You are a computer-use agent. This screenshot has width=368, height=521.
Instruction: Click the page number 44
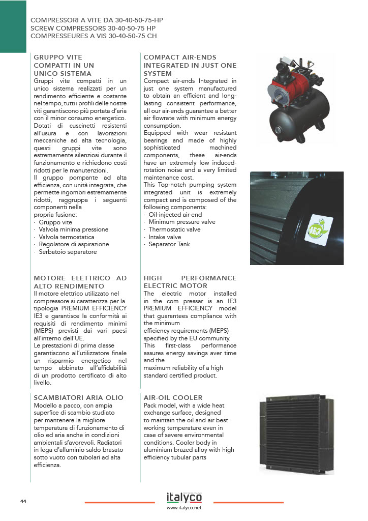[x=23, y=502]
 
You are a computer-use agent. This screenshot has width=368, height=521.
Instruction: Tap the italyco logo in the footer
[x=184, y=497]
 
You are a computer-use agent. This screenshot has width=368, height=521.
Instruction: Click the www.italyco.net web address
[x=184, y=508]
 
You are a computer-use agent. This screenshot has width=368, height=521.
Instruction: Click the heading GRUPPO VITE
[x=57, y=57]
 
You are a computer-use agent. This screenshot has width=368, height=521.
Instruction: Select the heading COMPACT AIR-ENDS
[x=180, y=57]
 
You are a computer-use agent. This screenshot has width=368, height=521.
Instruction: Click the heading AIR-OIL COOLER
[x=173, y=397]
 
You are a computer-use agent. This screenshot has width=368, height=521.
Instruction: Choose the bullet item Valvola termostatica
[x=67, y=237]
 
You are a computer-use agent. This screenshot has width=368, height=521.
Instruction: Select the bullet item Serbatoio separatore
[x=68, y=252]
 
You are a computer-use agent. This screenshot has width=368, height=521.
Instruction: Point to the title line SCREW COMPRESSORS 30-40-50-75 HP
[x=93, y=28]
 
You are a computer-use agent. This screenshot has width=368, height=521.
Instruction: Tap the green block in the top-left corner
[x=13, y=25]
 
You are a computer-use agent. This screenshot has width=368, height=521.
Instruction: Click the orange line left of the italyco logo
[x=119, y=503]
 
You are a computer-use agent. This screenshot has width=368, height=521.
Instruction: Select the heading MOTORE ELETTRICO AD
[x=80, y=278]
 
